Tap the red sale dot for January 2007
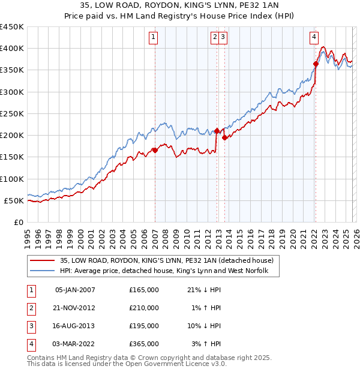(155, 151)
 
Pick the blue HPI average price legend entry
(168, 271)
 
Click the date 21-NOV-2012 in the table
(75, 308)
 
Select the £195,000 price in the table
(144, 326)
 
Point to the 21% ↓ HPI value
(201, 290)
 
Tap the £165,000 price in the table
(144, 290)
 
